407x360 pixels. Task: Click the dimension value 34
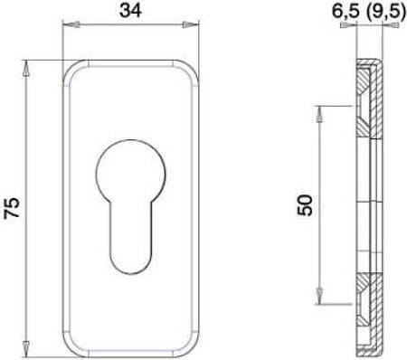click(x=131, y=11)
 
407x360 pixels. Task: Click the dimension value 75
click(x=12, y=207)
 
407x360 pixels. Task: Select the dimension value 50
click(x=305, y=205)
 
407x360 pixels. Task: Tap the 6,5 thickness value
click(x=345, y=12)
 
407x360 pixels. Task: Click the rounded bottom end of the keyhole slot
click(x=131, y=264)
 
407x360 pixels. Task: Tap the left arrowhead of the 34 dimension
click(x=71, y=24)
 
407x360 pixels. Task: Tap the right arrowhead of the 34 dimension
click(x=190, y=24)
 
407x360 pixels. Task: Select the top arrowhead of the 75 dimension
click(x=26, y=69)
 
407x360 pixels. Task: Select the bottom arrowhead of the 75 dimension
click(x=26, y=348)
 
